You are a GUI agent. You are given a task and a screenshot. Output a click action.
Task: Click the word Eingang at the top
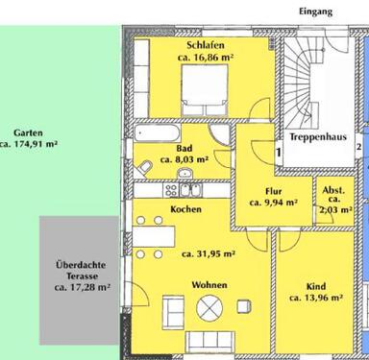point(315,12)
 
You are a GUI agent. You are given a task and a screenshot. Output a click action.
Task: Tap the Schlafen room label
point(206,45)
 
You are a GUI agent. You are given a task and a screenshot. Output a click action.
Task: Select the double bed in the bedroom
point(205,90)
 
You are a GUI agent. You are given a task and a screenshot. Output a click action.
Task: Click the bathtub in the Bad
point(157,132)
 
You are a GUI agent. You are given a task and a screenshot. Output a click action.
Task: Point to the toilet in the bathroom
point(144,168)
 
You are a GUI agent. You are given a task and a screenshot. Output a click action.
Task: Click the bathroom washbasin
point(184,173)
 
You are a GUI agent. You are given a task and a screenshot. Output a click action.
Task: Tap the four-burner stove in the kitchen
point(171,190)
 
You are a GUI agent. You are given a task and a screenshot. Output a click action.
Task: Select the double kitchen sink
point(190,190)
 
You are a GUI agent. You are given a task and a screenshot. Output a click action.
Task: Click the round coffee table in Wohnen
point(209,308)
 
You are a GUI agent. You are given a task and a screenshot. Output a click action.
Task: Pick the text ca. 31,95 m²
point(209,254)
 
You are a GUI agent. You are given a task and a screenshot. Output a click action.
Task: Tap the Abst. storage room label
point(333,190)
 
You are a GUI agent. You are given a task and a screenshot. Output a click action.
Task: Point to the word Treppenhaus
point(318,137)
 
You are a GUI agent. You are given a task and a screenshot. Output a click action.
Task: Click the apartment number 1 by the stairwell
point(279,153)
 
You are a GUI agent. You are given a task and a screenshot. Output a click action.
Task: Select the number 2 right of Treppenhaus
point(358,148)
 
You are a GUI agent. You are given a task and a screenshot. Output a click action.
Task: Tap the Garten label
point(28,132)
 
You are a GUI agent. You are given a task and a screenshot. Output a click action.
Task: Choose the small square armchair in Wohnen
point(244,306)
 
